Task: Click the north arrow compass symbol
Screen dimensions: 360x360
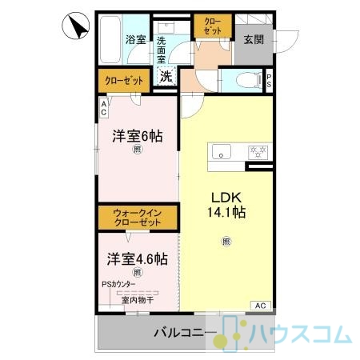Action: click(76, 26)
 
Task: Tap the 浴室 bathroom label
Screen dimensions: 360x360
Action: click(135, 39)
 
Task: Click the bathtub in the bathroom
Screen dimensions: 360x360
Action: click(110, 39)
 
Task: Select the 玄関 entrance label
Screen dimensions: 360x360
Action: click(254, 40)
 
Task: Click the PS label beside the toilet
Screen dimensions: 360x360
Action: click(269, 81)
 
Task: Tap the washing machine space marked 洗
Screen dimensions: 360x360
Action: click(166, 77)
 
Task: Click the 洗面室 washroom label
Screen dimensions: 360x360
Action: click(161, 50)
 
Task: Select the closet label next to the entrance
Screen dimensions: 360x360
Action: click(213, 26)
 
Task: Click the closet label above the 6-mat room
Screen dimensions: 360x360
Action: click(124, 81)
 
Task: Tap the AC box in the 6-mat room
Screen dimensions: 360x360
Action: click(103, 108)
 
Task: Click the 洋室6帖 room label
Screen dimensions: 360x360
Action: click(138, 136)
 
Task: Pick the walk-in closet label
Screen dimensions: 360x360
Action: click(138, 218)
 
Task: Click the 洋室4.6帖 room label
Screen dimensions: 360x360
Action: click(138, 259)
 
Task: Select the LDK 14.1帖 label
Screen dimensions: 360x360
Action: click(226, 205)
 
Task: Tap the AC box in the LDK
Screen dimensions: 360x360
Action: click(261, 306)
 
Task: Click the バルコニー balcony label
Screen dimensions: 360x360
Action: click(186, 333)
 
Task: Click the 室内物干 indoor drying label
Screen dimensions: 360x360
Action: click(138, 300)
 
